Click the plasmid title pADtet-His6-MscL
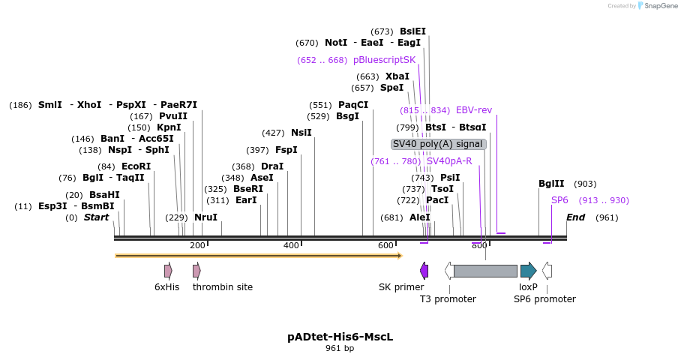pos(340,337)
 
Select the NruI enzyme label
pos(205,217)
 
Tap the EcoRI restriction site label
pos(136,166)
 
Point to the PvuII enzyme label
pos(173,116)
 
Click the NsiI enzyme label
pos(301,133)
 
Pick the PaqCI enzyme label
pos(353,105)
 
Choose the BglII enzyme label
pos(551,184)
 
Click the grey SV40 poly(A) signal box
pos(439,144)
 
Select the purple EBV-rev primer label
pos(474,110)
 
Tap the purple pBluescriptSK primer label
pos(384,60)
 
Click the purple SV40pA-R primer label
pos(449,161)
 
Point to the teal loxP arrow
pos(528,271)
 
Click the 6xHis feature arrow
pos(168,271)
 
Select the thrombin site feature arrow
pos(196,271)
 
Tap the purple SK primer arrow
pos(424,271)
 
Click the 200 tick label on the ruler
pos(197,246)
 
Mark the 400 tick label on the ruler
pos(291,246)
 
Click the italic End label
pos(575,217)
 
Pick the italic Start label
pos(96,217)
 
